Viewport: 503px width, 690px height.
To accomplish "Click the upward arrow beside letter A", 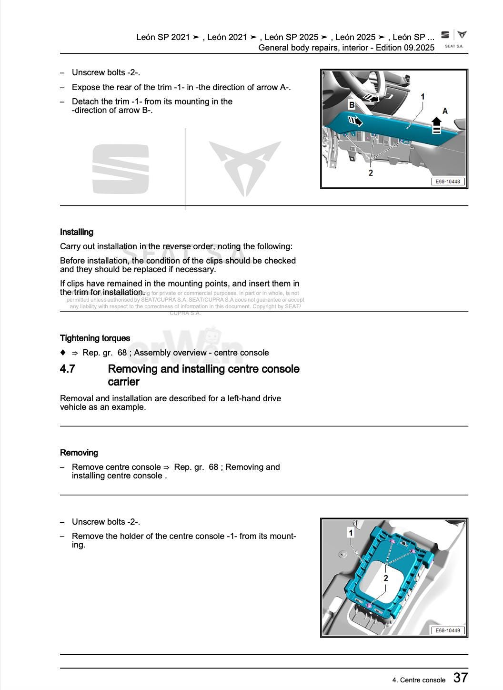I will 436,125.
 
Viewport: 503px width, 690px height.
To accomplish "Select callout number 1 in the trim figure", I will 423,97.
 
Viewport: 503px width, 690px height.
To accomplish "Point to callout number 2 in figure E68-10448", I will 371,173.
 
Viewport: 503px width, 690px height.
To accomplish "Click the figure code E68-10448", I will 448,182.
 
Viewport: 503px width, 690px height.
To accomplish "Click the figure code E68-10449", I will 448,630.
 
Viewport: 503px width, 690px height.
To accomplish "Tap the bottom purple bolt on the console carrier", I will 369,605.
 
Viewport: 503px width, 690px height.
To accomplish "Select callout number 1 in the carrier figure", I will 351,532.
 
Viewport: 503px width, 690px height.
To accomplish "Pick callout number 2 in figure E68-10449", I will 386,578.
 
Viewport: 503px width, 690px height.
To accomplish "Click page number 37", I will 460,678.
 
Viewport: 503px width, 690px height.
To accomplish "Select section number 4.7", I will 68,369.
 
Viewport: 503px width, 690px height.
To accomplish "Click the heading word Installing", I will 77,232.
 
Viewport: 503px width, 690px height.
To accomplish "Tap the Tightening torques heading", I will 95,338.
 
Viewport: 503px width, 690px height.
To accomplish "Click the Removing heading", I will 79,453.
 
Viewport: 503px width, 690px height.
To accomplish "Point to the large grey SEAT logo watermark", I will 121,169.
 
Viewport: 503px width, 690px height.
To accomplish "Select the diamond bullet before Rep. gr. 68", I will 62,353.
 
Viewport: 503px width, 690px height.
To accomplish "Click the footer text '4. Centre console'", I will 419,680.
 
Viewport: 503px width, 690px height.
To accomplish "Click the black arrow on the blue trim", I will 355,122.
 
